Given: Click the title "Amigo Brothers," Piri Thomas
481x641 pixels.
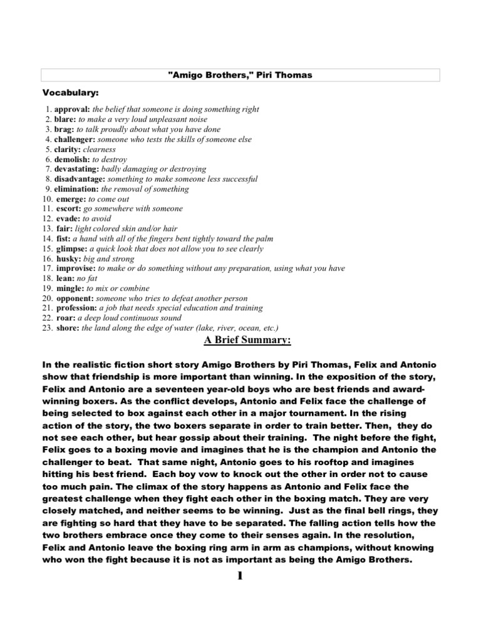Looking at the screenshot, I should coord(240,75).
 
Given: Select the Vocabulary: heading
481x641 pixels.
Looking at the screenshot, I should coord(71,93).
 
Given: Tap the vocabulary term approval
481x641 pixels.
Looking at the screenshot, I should coord(72,110).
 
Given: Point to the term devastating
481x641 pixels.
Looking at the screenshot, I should coord(78,169).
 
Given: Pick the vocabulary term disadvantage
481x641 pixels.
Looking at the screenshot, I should coord(80,179).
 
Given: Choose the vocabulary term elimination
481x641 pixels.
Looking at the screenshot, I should coord(76,189).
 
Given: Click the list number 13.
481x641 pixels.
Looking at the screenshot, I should coord(47,228).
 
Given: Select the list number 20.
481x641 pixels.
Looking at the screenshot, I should coord(47,299).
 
